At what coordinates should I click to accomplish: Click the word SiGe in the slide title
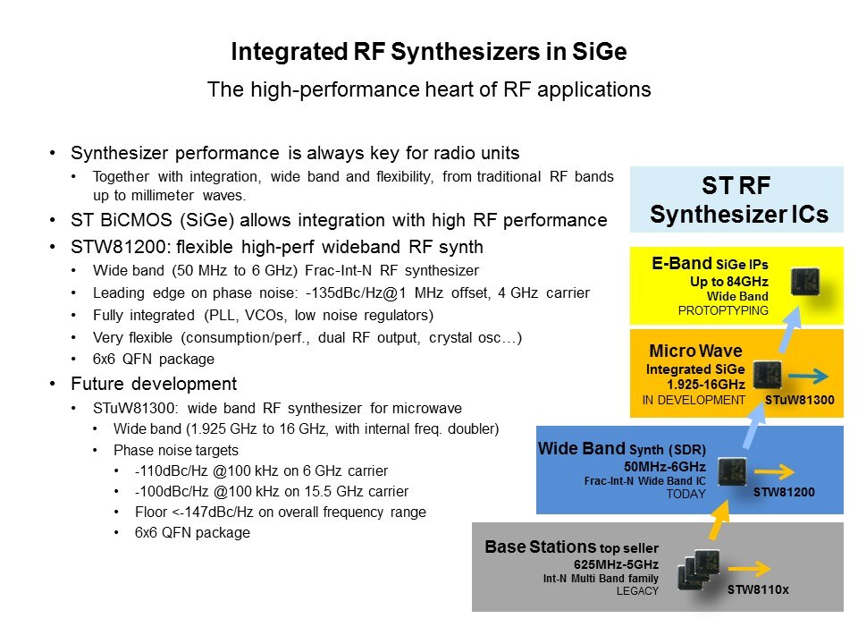[x=599, y=52]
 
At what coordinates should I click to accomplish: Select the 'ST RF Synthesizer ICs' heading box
[x=736, y=199]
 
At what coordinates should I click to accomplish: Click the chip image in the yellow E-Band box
[x=805, y=282]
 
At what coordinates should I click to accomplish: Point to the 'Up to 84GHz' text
[x=729, y=282]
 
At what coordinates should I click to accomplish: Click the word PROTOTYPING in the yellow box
[x=723, y=310]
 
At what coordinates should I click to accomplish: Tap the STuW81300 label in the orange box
[x=799, y=401]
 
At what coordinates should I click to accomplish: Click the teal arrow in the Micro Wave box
[x=808, y=377]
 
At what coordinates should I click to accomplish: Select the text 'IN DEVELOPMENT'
[x=694, y=401]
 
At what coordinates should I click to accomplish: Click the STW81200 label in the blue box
[x=784, y=492]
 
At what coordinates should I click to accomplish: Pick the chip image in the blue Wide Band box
[x=732, y=471]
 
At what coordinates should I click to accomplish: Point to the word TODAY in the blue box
[x=686, y=494]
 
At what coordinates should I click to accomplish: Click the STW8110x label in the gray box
[x=758, y=589]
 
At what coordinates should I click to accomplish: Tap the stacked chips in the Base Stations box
[x=699, y=570]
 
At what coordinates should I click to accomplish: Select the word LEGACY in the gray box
[x=637, y=591]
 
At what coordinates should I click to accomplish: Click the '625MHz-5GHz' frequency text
[x=616, y=564]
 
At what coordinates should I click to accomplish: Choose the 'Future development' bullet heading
[x=154, y=384]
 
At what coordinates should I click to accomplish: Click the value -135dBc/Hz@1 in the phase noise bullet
[x=356, y=293]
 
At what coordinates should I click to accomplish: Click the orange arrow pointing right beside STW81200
[x=774, y=471]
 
